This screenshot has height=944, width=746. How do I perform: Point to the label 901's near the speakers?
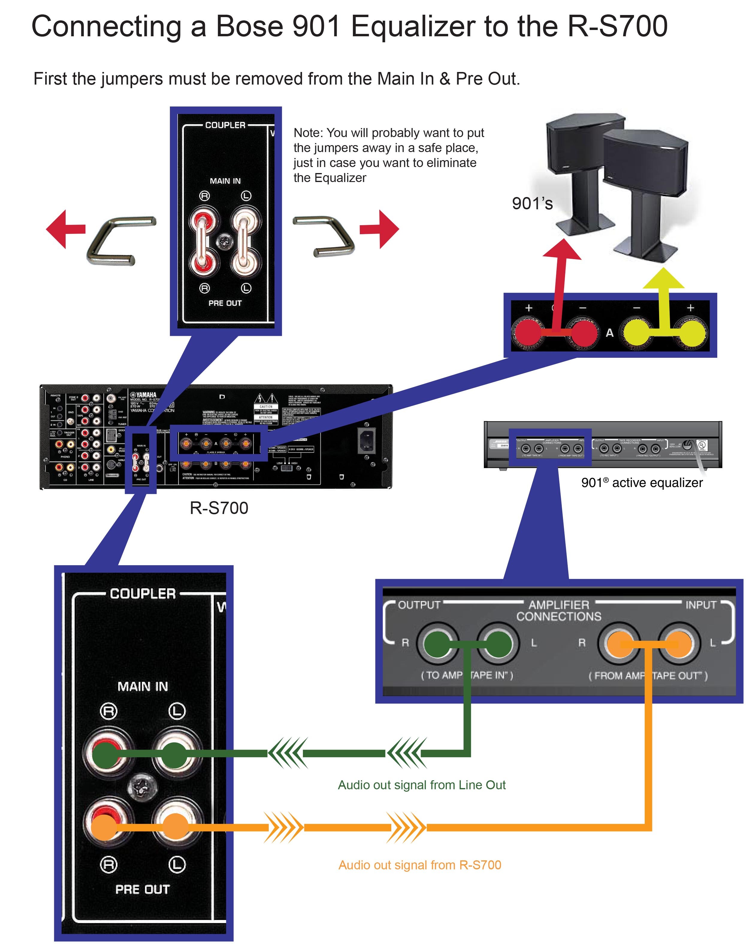[532, 204]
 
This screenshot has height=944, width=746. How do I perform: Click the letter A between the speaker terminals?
[610, 333]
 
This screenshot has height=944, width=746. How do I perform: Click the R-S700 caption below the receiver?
[219, 508]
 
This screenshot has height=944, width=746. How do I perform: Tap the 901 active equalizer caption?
[642, 483]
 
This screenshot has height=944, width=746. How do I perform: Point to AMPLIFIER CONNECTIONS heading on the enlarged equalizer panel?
[559, 611]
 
